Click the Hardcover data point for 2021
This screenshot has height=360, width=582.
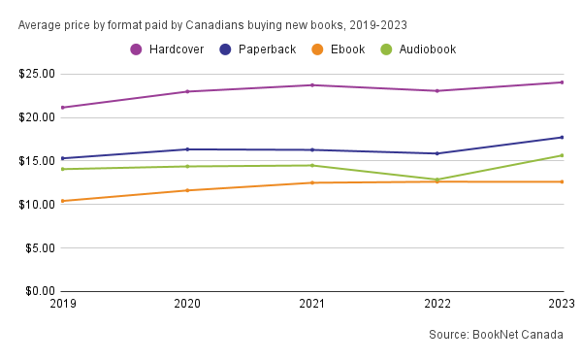(312, 85)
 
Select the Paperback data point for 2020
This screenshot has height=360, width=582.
(187, 149)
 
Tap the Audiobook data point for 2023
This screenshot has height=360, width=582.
(562, 155)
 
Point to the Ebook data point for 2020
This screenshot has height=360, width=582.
(187, 190)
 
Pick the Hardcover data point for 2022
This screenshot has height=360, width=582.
(437, 91)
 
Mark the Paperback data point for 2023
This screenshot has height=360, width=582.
(562, 138)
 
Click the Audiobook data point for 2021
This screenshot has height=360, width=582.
(312, 166)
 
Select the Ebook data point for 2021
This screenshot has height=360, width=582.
(312, 182)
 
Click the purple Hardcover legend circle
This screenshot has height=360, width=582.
(136, 49)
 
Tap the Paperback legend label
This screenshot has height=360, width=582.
(268, 49)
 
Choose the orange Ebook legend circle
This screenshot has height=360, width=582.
(317, 49)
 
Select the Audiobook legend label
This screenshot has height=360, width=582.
(428, 49)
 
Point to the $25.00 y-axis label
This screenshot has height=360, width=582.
(37, 74)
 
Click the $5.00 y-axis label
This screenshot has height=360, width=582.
(40, 247)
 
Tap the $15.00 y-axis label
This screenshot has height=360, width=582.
(37, 161)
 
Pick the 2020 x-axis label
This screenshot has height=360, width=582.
(187, 304)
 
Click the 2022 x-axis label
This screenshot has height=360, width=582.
(437, 304)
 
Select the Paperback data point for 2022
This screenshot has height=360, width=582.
(437, 153)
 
